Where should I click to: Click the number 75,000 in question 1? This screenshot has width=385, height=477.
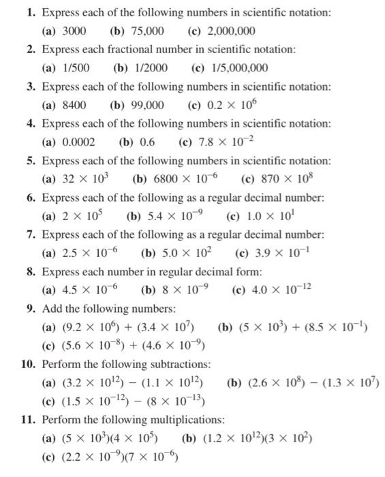click(x=144, y=31)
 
